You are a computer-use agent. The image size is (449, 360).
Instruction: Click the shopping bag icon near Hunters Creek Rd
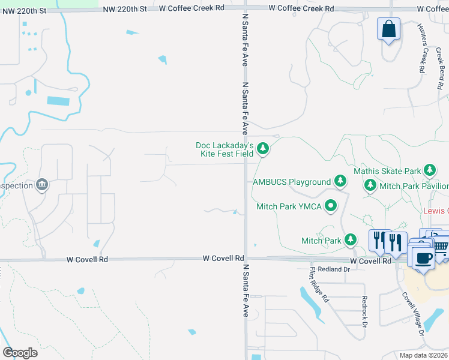(389, 29)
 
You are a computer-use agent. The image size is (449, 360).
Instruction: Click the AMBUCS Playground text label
(292, 182)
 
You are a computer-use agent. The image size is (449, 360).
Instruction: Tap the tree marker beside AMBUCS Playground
(340, 181)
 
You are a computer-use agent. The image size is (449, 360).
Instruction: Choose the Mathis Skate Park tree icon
(430, 171)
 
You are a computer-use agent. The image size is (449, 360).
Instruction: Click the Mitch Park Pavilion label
(414, 187)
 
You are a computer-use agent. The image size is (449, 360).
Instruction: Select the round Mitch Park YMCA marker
(331, 206)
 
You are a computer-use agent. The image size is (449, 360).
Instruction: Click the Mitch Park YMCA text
(289, 206)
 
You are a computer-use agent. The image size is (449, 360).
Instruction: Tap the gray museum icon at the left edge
(42, 185)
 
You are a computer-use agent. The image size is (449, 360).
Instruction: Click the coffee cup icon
(423, 257)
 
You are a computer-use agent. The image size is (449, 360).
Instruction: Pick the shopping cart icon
(441, 245)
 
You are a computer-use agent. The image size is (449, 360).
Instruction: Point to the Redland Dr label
(333, 270)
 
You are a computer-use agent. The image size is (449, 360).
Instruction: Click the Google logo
(20, 353)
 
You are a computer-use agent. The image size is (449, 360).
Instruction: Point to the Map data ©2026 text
(423, 355)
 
